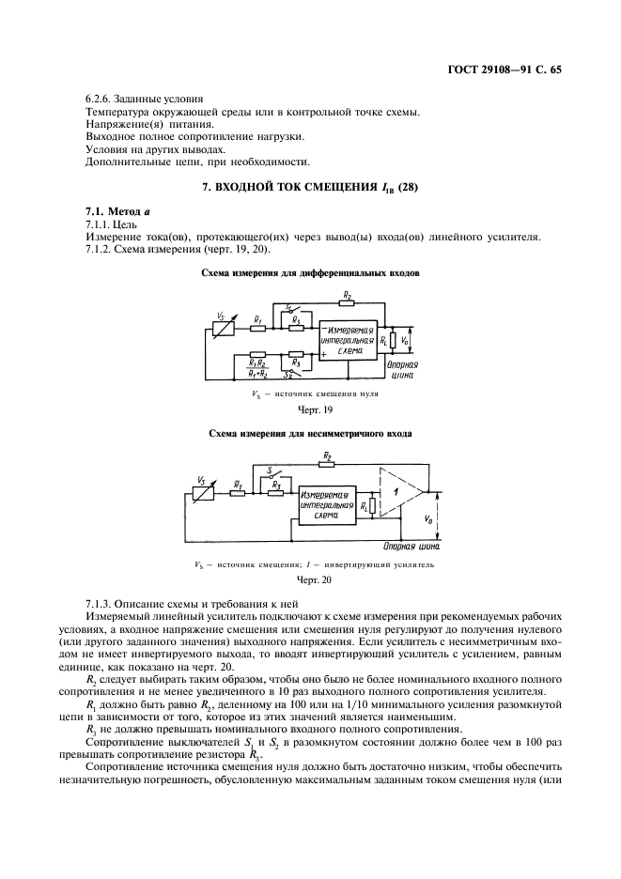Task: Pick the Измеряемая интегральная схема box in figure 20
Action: click(323, 504)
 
